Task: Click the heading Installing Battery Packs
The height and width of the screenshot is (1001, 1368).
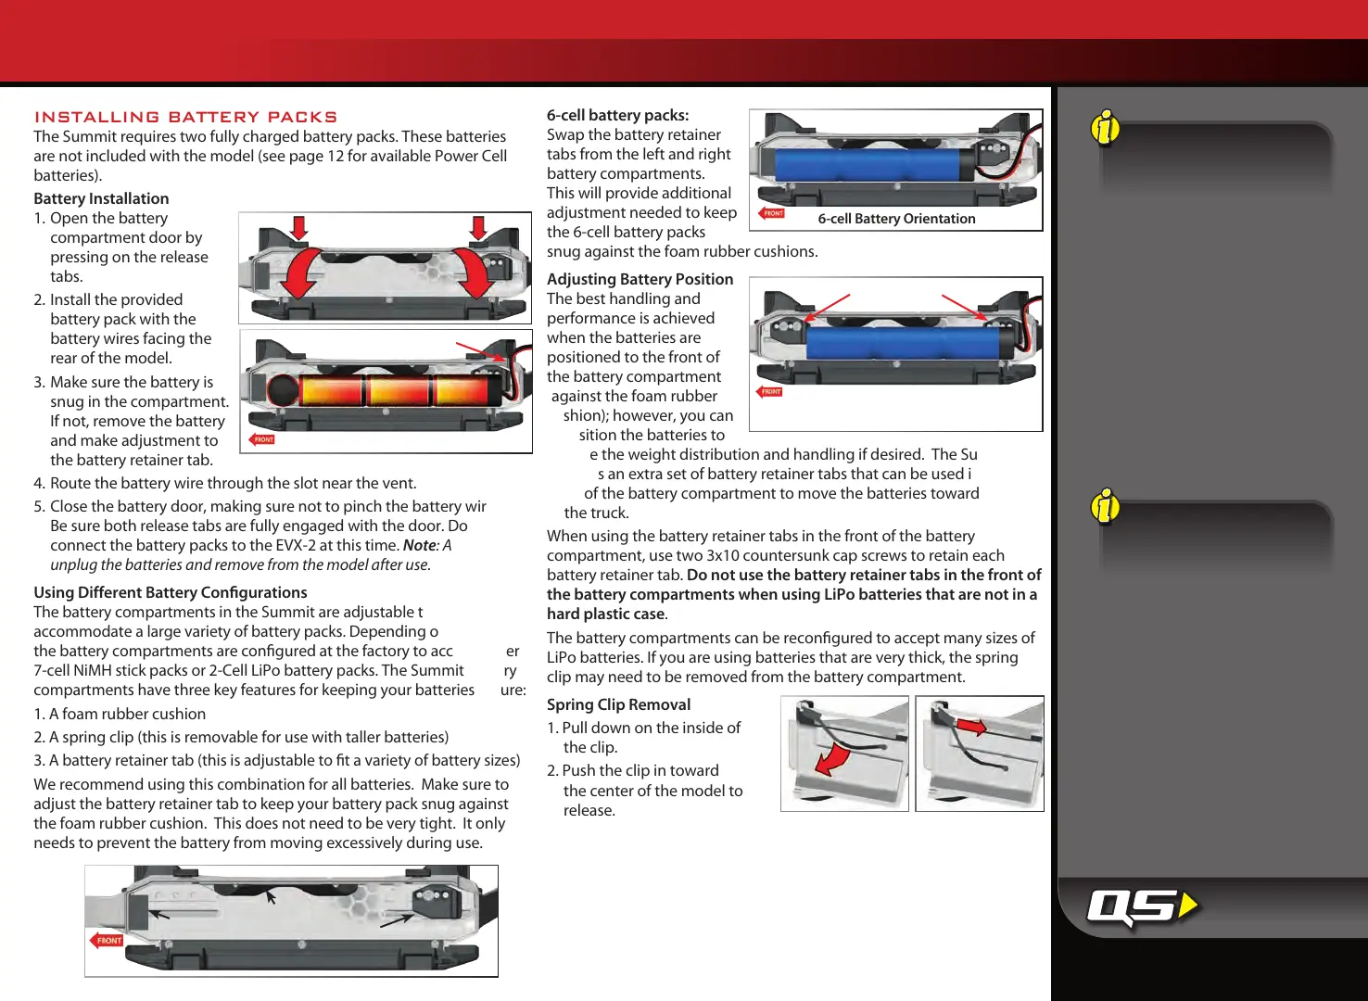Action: (x=185, y=117)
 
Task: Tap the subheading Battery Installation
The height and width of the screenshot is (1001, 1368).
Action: (x=101, y=198)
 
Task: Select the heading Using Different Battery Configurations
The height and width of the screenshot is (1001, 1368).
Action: (x=171, y=592)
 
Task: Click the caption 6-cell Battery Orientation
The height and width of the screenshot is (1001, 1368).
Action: (x=896, y=219)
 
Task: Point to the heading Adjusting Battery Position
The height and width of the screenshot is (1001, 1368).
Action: (x=640, y=279)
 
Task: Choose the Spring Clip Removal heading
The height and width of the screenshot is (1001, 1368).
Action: (x=618, y=704)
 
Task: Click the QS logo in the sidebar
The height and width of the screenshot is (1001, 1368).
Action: (x=1141, y=906)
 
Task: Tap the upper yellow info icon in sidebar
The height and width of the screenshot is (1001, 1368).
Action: (x=1106, y=128)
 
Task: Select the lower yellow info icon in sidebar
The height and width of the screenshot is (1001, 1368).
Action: (x=1106, y=507)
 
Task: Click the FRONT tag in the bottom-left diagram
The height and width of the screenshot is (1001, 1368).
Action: (x=108, y=941)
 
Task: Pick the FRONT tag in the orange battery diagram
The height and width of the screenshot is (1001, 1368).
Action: (x=262, y=439)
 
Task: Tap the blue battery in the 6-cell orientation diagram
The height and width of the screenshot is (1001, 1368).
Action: (x=868, y=165)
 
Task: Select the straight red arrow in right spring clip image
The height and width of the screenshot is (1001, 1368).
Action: (x=971, y=726)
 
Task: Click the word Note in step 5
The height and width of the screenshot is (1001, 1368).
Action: (x=419, y=545)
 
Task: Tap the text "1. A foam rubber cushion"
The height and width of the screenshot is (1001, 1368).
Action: (x=120, y=714)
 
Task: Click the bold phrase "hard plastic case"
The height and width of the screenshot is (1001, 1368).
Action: (x=605, y=614)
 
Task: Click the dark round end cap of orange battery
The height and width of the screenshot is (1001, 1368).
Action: (x=284, y=390)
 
